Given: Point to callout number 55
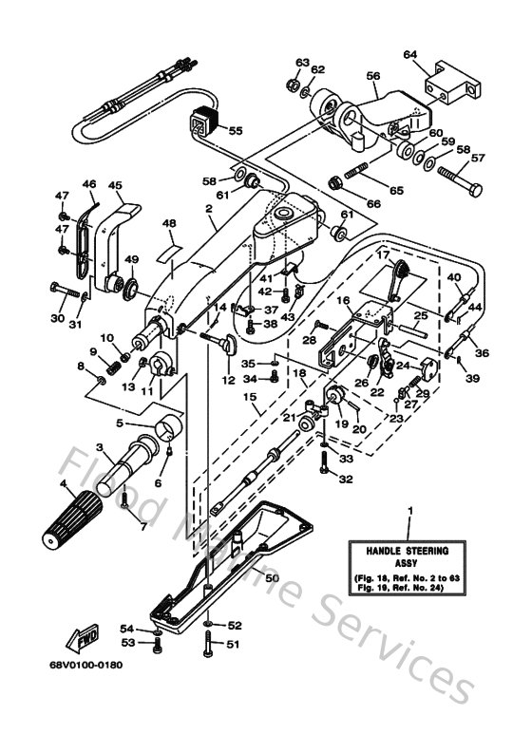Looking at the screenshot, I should click(x=235, y=130).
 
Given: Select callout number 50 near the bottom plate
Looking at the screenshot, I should click(x=271, y=577).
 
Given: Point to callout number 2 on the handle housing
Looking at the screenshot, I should click(x=207, y=206).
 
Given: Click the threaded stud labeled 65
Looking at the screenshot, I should click(x=351, y=175).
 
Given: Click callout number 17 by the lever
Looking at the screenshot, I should click(x=381, y=254).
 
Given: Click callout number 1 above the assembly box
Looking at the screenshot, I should click(x=409, y=512).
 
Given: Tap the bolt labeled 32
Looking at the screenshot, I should click(x=325, y=462).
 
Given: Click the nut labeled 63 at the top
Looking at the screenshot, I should click(x=292, y=84).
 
